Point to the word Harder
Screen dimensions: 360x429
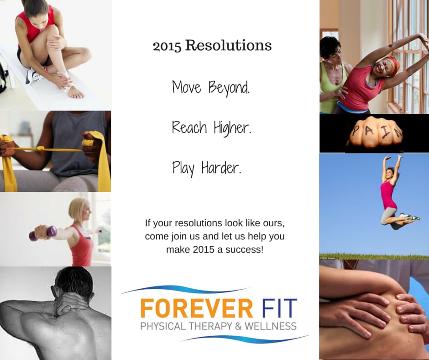pos(223,169)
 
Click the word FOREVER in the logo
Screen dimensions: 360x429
pos(197,309)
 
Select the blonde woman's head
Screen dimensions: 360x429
pos(79,210)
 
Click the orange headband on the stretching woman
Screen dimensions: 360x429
pos(393,64)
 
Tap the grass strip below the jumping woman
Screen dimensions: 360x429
pos(374,256)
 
